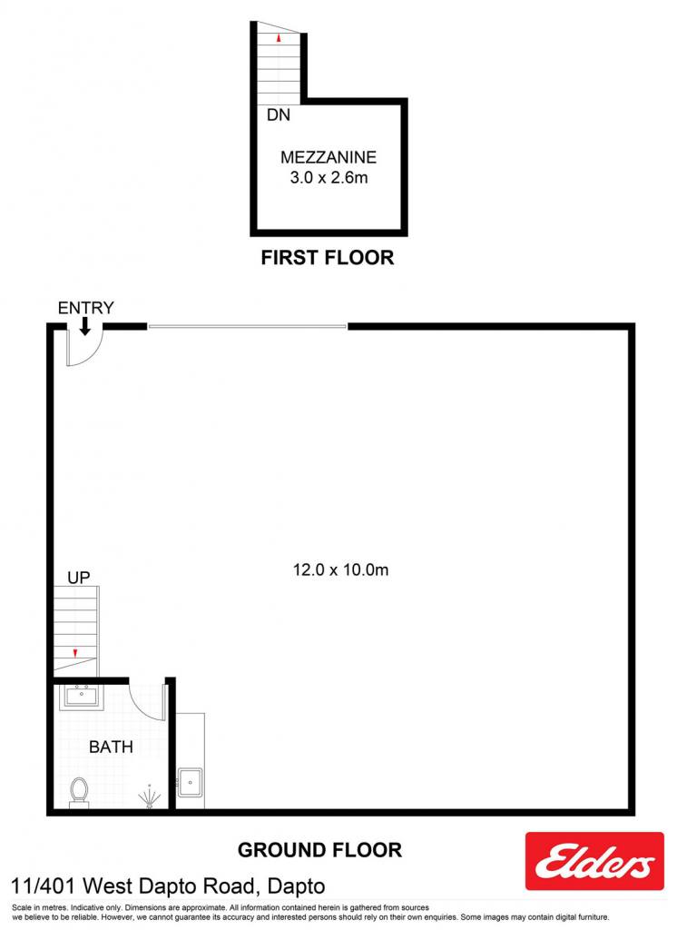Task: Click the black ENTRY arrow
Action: tap(84, 326)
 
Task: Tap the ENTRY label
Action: tap(86, 308)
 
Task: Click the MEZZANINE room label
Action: tap(329, 157)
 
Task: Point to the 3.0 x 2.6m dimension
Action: tap(329, 177)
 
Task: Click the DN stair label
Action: tap(278, 114)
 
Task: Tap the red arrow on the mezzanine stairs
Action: tap(278, 38)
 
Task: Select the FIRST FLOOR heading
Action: tap(328, 257)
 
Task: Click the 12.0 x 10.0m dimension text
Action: tap(341, 570)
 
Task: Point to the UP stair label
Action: tap(79, 577)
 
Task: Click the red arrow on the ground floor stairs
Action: tap(75, 653)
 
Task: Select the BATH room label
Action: tap(111, 747)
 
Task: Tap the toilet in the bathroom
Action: tap(79, 793)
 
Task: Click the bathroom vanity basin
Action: tap(81, 697)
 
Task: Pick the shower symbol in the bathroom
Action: tap(150, 796)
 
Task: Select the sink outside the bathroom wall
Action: tap(191, 783)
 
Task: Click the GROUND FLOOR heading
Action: tap(320, 850)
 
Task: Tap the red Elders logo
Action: tap(594, 861)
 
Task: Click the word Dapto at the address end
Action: tap(297, 886)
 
